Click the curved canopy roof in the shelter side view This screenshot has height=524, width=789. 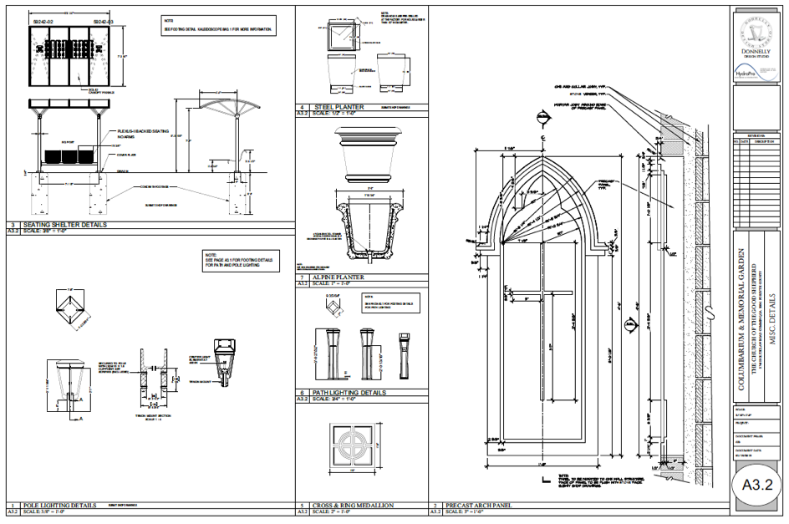(x=226, y=100)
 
